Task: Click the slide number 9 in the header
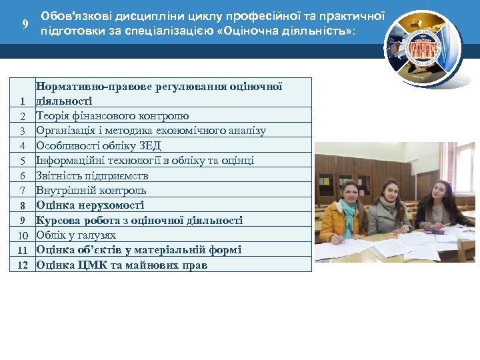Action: coord(25,25)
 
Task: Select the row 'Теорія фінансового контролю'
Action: coord(112,116)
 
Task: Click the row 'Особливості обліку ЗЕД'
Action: coord(99,145)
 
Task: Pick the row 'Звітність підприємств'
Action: coord(92,175)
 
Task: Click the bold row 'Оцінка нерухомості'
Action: coord(90,205)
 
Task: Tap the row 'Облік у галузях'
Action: coord(76,235)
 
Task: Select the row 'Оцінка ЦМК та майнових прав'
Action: coord(121,265)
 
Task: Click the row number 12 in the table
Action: coord(23,265)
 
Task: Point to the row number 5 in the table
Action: coord(23,161)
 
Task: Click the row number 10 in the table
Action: coord(23,235)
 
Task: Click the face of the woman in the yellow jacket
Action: coord(349,191)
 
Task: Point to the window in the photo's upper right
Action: coord(465,167)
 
